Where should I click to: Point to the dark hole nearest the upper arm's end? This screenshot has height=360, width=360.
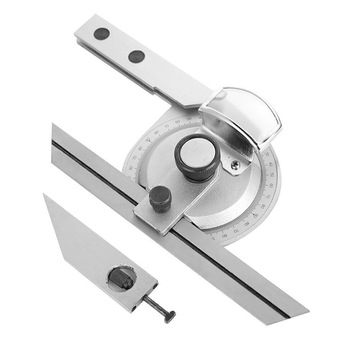point(101,34)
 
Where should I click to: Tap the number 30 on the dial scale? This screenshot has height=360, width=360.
point(267,154)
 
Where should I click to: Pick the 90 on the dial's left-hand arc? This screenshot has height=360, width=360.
point(147,139)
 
